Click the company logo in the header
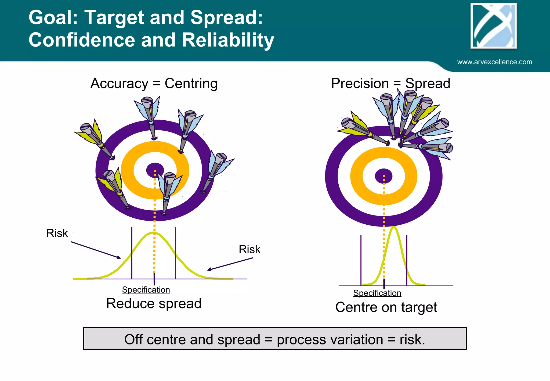(x=494, y=26)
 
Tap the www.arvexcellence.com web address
(x=494, y=62)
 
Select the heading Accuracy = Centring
(x=154, y=83)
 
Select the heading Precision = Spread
(x=390, y=83)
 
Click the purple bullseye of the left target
(x=155, y=170)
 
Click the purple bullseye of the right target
(x=383, y=176)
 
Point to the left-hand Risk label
(x=57, y=233)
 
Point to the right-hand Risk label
(x=249, y=249)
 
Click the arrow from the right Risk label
(x=230, y=264)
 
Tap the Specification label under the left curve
(x=146, y=290)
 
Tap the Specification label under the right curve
(x=377, y=293)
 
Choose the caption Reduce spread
(x=154, y=304)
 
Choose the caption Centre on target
(x=386, y=307)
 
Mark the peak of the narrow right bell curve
(x=394, y=227)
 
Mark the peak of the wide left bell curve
(x=154, y=233)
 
